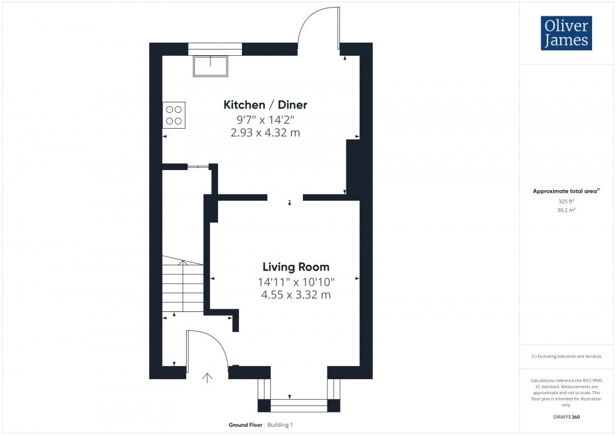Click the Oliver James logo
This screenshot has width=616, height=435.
(x=566, y=33)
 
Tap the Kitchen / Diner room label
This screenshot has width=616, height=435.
(x=266, y=105)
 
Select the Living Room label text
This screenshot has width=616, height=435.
(x=295, y=267)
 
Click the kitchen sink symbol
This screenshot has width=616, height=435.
(x=211, y=65)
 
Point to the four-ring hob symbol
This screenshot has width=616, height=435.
(x=174, y=114)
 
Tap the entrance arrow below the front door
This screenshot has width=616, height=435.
(x=207, y=377)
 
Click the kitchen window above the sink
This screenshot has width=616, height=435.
(x=215, y=49)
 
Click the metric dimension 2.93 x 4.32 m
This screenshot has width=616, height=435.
(x=266, y=132)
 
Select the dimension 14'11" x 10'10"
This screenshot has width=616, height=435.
(x=295, y=282)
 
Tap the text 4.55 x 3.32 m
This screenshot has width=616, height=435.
(x=295, y=295)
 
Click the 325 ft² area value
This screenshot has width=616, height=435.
(x=566, y=201)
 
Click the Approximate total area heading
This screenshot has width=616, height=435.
(x=565, y=191)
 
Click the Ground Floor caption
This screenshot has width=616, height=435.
(x=246, y=425)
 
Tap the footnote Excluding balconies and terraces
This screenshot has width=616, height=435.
(x=566, y=356)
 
